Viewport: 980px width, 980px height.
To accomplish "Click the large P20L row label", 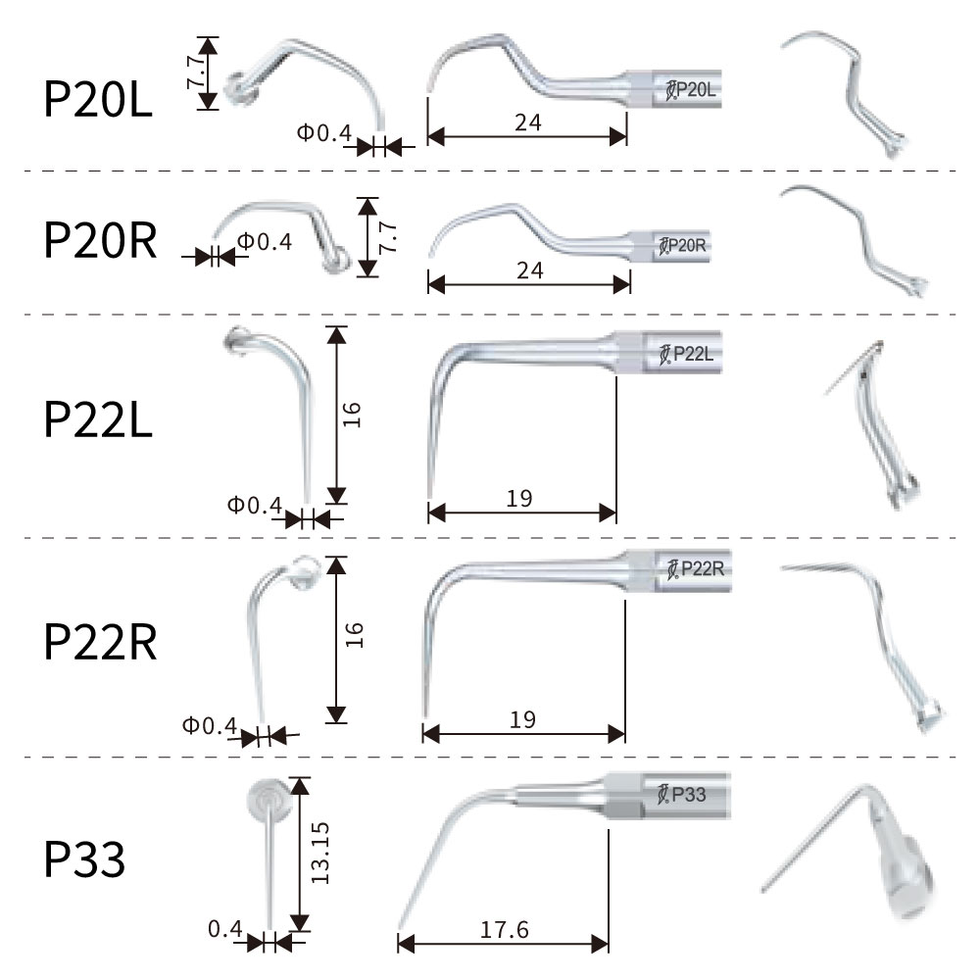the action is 97,99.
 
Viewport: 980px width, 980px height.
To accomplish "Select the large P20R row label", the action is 100,240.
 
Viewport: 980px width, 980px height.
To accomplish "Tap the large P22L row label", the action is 98,419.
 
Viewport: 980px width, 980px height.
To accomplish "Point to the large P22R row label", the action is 100,642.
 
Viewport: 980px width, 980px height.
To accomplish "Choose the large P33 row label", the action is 84,859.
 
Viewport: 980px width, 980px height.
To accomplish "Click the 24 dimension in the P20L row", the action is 528,122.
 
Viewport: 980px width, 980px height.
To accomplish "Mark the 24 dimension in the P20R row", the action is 530,270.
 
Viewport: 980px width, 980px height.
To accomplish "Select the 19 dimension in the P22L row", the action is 519,499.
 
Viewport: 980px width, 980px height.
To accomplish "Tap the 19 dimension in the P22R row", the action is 522,720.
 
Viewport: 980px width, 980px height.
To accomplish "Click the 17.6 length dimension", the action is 505,930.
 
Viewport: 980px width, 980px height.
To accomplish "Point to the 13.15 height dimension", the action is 320,853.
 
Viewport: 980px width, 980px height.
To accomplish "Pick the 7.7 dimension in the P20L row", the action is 195,72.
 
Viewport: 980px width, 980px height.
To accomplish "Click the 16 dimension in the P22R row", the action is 354,635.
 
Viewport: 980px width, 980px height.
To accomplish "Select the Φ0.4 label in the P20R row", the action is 265,242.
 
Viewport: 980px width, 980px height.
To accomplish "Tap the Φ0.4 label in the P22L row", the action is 255,505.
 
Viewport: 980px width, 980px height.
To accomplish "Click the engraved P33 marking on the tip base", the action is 682,795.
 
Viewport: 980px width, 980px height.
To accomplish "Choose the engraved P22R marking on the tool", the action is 696,568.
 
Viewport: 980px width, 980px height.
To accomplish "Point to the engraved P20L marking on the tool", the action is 691,90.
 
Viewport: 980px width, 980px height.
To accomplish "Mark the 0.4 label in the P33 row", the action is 225,929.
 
